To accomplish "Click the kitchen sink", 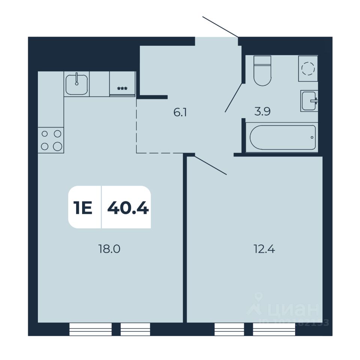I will (x=77, y=84).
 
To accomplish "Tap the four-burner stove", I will (x=51, y=140).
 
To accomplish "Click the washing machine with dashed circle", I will (x=308, y=69).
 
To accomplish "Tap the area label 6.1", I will (x=180, y=112).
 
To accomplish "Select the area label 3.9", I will (x=262, y=112).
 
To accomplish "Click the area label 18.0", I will (x=109, y=249).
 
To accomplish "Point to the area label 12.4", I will (x=264, y=249).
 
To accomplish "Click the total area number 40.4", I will (x=128, y=207).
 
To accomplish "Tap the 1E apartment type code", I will (x=83, y=207).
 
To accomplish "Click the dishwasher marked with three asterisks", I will (x=122, y=84).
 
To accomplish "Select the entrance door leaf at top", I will (x=220, y=27).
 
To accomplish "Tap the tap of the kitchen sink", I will (x=76, y=78).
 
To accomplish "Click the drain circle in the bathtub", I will (x=312, y=138).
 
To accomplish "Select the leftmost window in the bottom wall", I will (x=91, y=329).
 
